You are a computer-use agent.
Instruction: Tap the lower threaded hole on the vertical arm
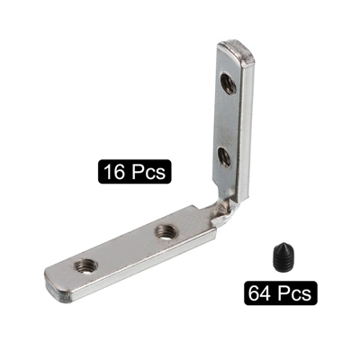coord(224,157)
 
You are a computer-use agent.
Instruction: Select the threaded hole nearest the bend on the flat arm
coord(165,231)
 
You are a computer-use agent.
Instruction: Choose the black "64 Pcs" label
coord(280,292)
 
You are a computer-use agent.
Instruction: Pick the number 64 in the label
coord(260,292)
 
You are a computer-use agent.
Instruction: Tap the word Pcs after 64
coord(294,292)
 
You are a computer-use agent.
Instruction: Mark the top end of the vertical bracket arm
coord(235,48)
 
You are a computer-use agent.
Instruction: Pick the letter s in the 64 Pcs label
coord(306,294)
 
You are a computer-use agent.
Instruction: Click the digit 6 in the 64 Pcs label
coord(254,292)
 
